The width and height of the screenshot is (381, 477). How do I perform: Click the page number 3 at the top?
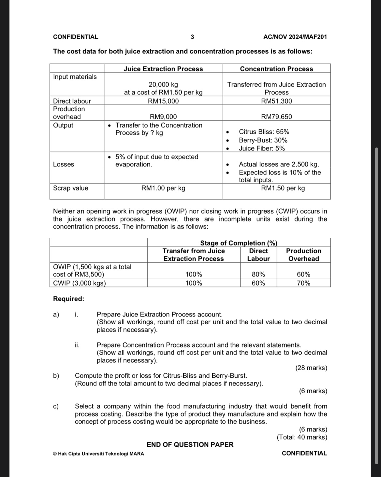(x=192, y=37)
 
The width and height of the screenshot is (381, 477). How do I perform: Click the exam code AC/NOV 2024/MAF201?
(x=295, y=37)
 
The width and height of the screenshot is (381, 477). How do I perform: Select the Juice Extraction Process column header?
(x=163, y=69)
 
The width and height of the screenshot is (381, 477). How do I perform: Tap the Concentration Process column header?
(x=276, y=69)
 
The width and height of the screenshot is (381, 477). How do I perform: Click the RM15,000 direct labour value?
(x=163, y=101)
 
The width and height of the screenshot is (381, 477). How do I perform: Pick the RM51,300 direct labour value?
(x=276, y=101)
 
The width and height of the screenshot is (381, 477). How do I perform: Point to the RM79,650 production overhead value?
(x=276, y=117)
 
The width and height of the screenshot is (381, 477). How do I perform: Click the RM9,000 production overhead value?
(x=163, y=117)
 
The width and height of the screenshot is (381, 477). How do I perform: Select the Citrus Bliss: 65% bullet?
(x=264, y=132)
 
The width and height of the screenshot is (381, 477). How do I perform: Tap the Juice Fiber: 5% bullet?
(x=262, y=148)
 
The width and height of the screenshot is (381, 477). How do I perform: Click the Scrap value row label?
(x=71, y=188)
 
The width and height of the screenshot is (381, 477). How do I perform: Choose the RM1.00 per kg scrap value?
(x=163, y=188)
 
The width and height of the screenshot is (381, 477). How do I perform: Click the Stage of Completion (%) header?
(x=239, y=243)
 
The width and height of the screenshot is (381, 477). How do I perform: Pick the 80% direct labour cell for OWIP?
(x=258, y=274)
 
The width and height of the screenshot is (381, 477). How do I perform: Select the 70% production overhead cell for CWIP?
(x=303, y=283)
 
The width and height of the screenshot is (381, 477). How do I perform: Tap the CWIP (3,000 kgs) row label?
(x=80, y=283)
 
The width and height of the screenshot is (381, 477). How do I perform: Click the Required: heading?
(x=68, y=299)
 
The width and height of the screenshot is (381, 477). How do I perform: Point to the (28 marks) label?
(x=311, y=368)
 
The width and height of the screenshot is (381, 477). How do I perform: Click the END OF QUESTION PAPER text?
(x=190, y=444)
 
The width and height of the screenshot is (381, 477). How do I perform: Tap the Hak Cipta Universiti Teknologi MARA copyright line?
(x=98, y=454)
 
